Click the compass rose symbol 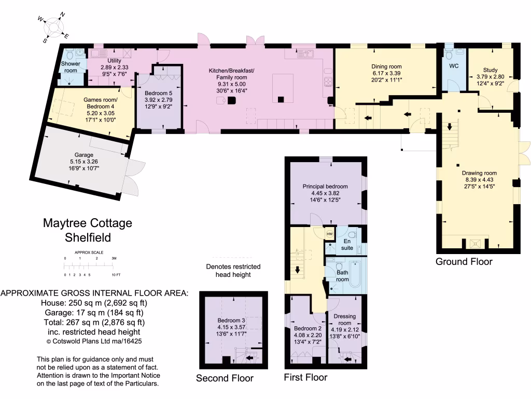click(x=53, y=26)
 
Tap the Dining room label click(x=386, y=66)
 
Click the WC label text click(x=454, y=66)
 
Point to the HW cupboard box click(x=330, y=234)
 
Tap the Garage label click(x=83, y=155)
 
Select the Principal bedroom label click(x=325, y=186)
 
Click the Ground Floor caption click(x=464, y=261)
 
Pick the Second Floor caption click(x=225, y=378)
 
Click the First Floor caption click(x=305, y=377)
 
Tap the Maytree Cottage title click(x=87, y=223)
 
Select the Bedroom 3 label click(x=232, y=321)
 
